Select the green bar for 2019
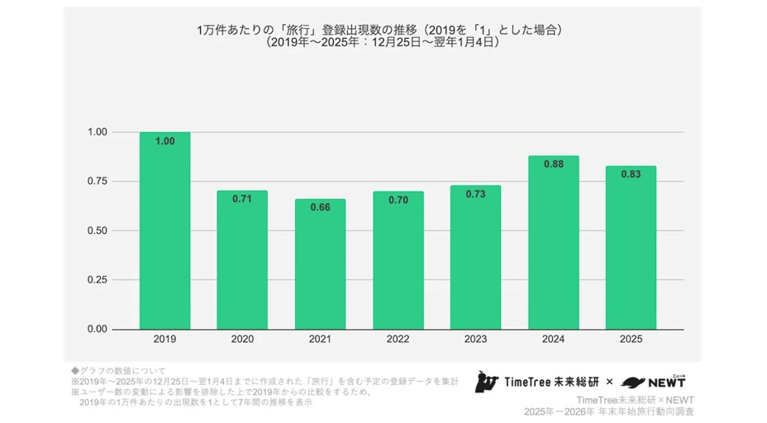point(164,231)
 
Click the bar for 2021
point(320,264)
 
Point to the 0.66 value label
point(320,207)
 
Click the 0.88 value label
point(553,164)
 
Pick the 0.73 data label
point(475,194)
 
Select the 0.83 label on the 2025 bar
point(631,174)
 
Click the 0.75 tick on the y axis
point(98,181)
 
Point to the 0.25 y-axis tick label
point(98,279)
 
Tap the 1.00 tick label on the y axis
point(98,132)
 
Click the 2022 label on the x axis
point(398,339)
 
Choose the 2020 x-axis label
point(242,339)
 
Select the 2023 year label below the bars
point(475,339)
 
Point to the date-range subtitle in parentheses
point(382,42)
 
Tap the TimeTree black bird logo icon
point(486,382)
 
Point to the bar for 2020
point(242,259)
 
